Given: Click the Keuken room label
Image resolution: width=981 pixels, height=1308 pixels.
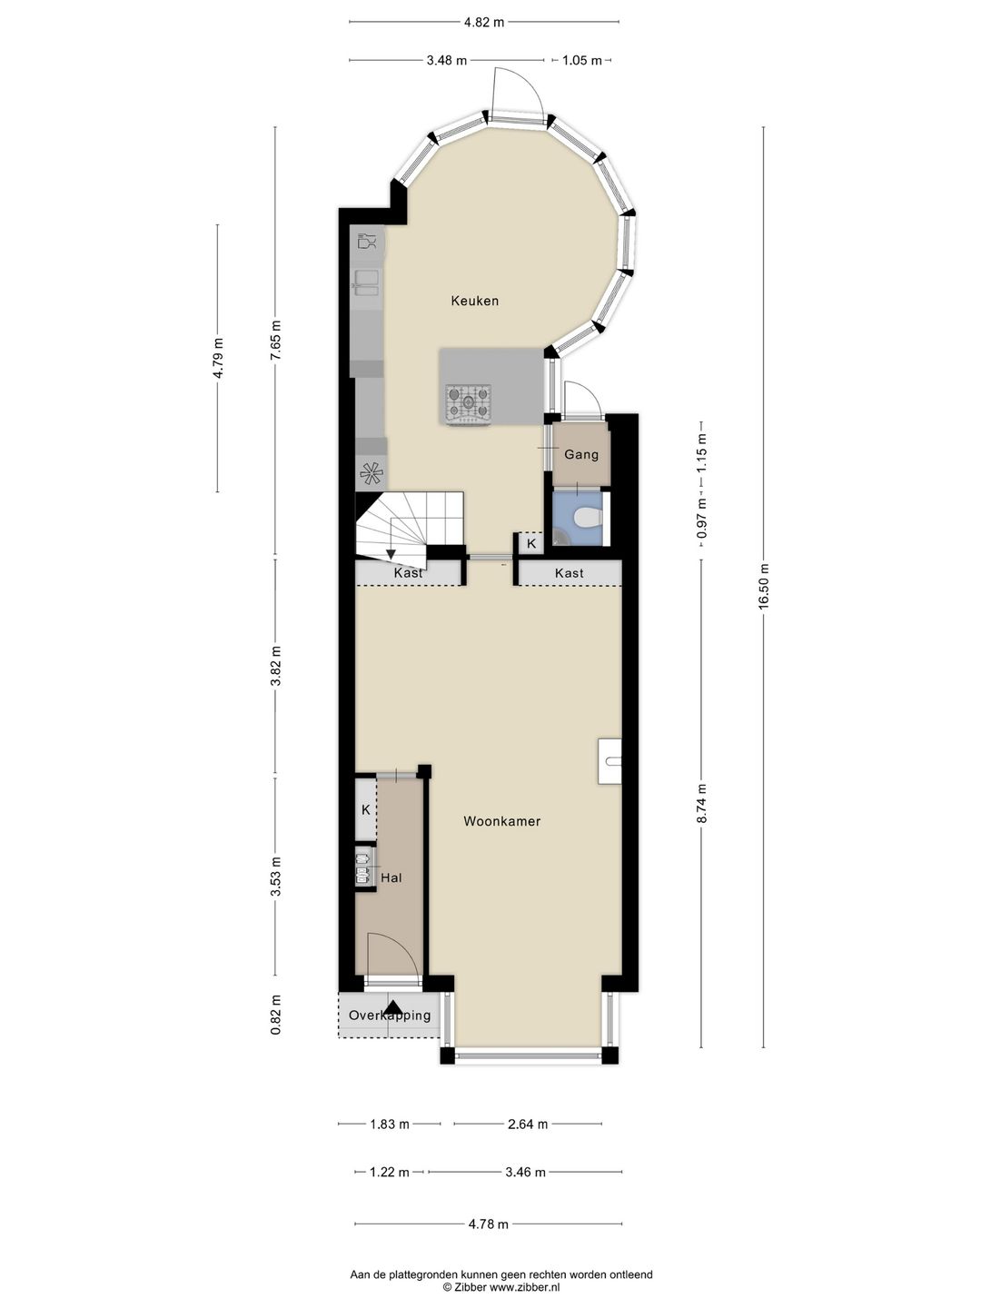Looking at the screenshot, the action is (474, 301).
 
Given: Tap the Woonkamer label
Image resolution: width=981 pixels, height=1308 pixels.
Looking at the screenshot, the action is (501, 821).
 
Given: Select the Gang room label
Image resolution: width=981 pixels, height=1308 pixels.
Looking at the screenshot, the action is (580, 455).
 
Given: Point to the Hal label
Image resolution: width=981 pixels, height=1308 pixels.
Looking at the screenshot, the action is (391, 877).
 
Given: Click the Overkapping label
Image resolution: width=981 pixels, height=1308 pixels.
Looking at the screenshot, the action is (390, 1016).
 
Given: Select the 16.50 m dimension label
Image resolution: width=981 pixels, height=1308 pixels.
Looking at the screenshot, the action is (764, 586).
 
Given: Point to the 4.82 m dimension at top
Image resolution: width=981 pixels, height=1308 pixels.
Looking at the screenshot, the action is (483, 23).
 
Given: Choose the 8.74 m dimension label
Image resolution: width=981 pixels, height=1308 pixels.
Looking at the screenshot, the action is (702, 804).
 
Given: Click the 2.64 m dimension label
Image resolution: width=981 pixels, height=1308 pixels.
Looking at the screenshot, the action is (528, 1125).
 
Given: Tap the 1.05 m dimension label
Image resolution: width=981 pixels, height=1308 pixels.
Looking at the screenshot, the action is (582, 60).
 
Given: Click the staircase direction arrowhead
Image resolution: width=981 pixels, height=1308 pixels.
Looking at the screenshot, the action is (391, 553).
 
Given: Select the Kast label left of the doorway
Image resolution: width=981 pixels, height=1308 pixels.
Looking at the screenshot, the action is (408, 573).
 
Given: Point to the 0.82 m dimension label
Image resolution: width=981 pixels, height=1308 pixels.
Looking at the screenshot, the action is (276, 1015).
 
